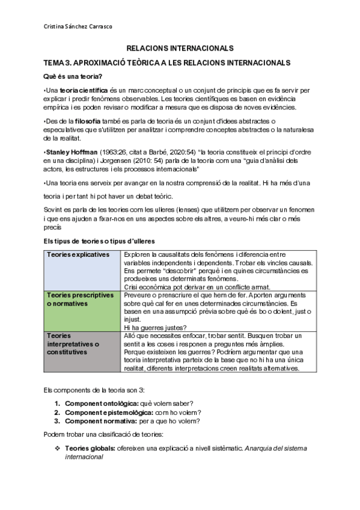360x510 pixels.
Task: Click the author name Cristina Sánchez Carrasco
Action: (x=78, y=26)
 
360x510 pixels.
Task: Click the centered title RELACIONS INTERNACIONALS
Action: (x=180, y=49)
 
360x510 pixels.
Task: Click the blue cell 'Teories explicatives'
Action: (x=78, y=254)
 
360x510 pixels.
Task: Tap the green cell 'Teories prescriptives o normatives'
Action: (x=81, y=300)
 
